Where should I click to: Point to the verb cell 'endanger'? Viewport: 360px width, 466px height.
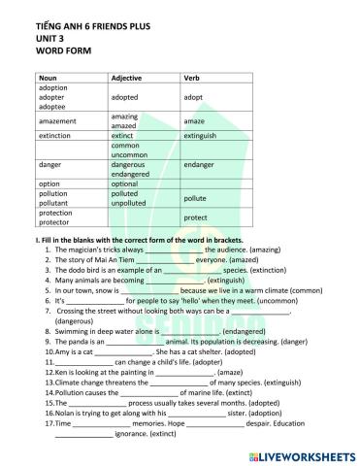tap(199, 165)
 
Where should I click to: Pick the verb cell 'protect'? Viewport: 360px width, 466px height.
tap(196, 217)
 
